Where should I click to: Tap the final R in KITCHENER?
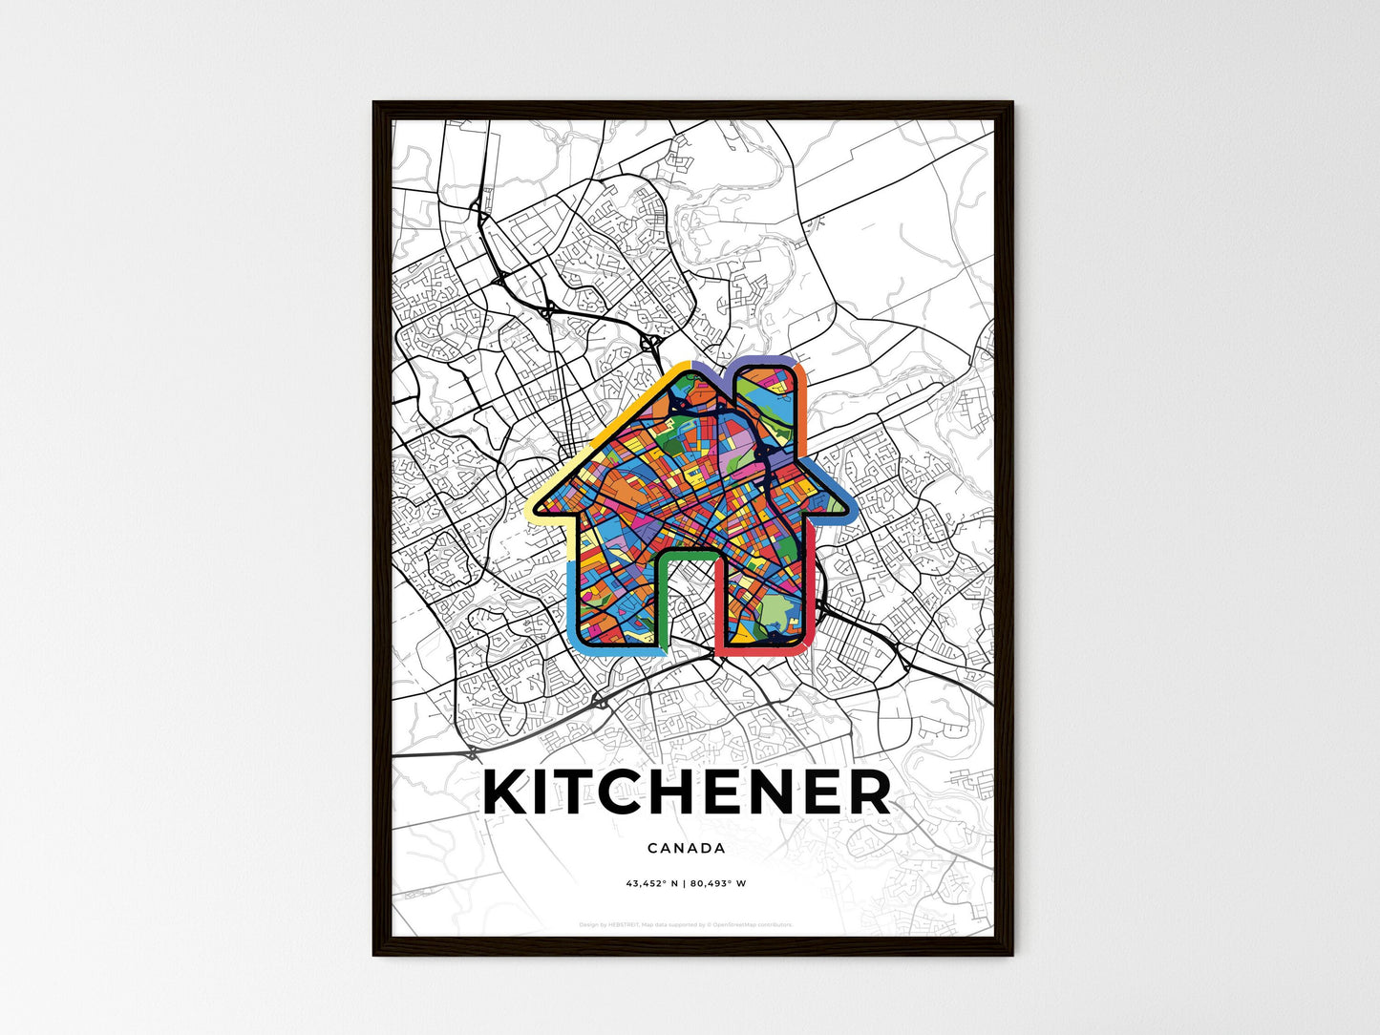click(x=868, y=793)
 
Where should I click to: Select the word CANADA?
click(x=686, y=848)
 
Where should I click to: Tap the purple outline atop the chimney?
click(x=764, y=361)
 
